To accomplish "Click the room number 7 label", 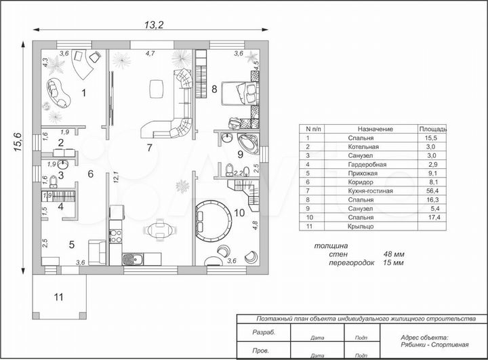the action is (150, 148).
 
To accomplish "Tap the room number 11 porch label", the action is (58, 297).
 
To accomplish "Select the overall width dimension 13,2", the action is (154, 24).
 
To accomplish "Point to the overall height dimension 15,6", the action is (18, 142).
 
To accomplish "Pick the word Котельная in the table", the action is (363, 146).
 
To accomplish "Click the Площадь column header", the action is (432, 129).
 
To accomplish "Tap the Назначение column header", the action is (375, 129).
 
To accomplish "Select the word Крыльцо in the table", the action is (361, 226).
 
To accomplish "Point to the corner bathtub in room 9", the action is (248, 144).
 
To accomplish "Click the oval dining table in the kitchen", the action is (160, 231).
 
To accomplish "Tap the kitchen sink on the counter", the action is (133, 259).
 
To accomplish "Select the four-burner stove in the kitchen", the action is (115, 236).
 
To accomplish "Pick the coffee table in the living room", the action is (157, 89).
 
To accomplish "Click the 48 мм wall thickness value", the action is (394, 254).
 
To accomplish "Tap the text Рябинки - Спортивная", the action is (434, 344).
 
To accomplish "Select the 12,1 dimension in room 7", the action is (116, 177).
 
